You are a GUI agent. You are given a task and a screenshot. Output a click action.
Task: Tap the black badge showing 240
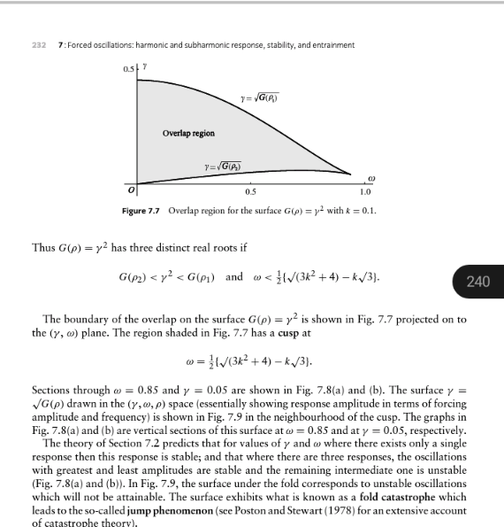click(477, 282)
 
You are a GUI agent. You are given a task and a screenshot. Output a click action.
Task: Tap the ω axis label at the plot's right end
click(370, 177)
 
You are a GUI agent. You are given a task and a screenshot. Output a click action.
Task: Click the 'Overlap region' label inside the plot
click(188, 133)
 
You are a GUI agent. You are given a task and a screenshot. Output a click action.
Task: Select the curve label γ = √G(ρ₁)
click(262, 97)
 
